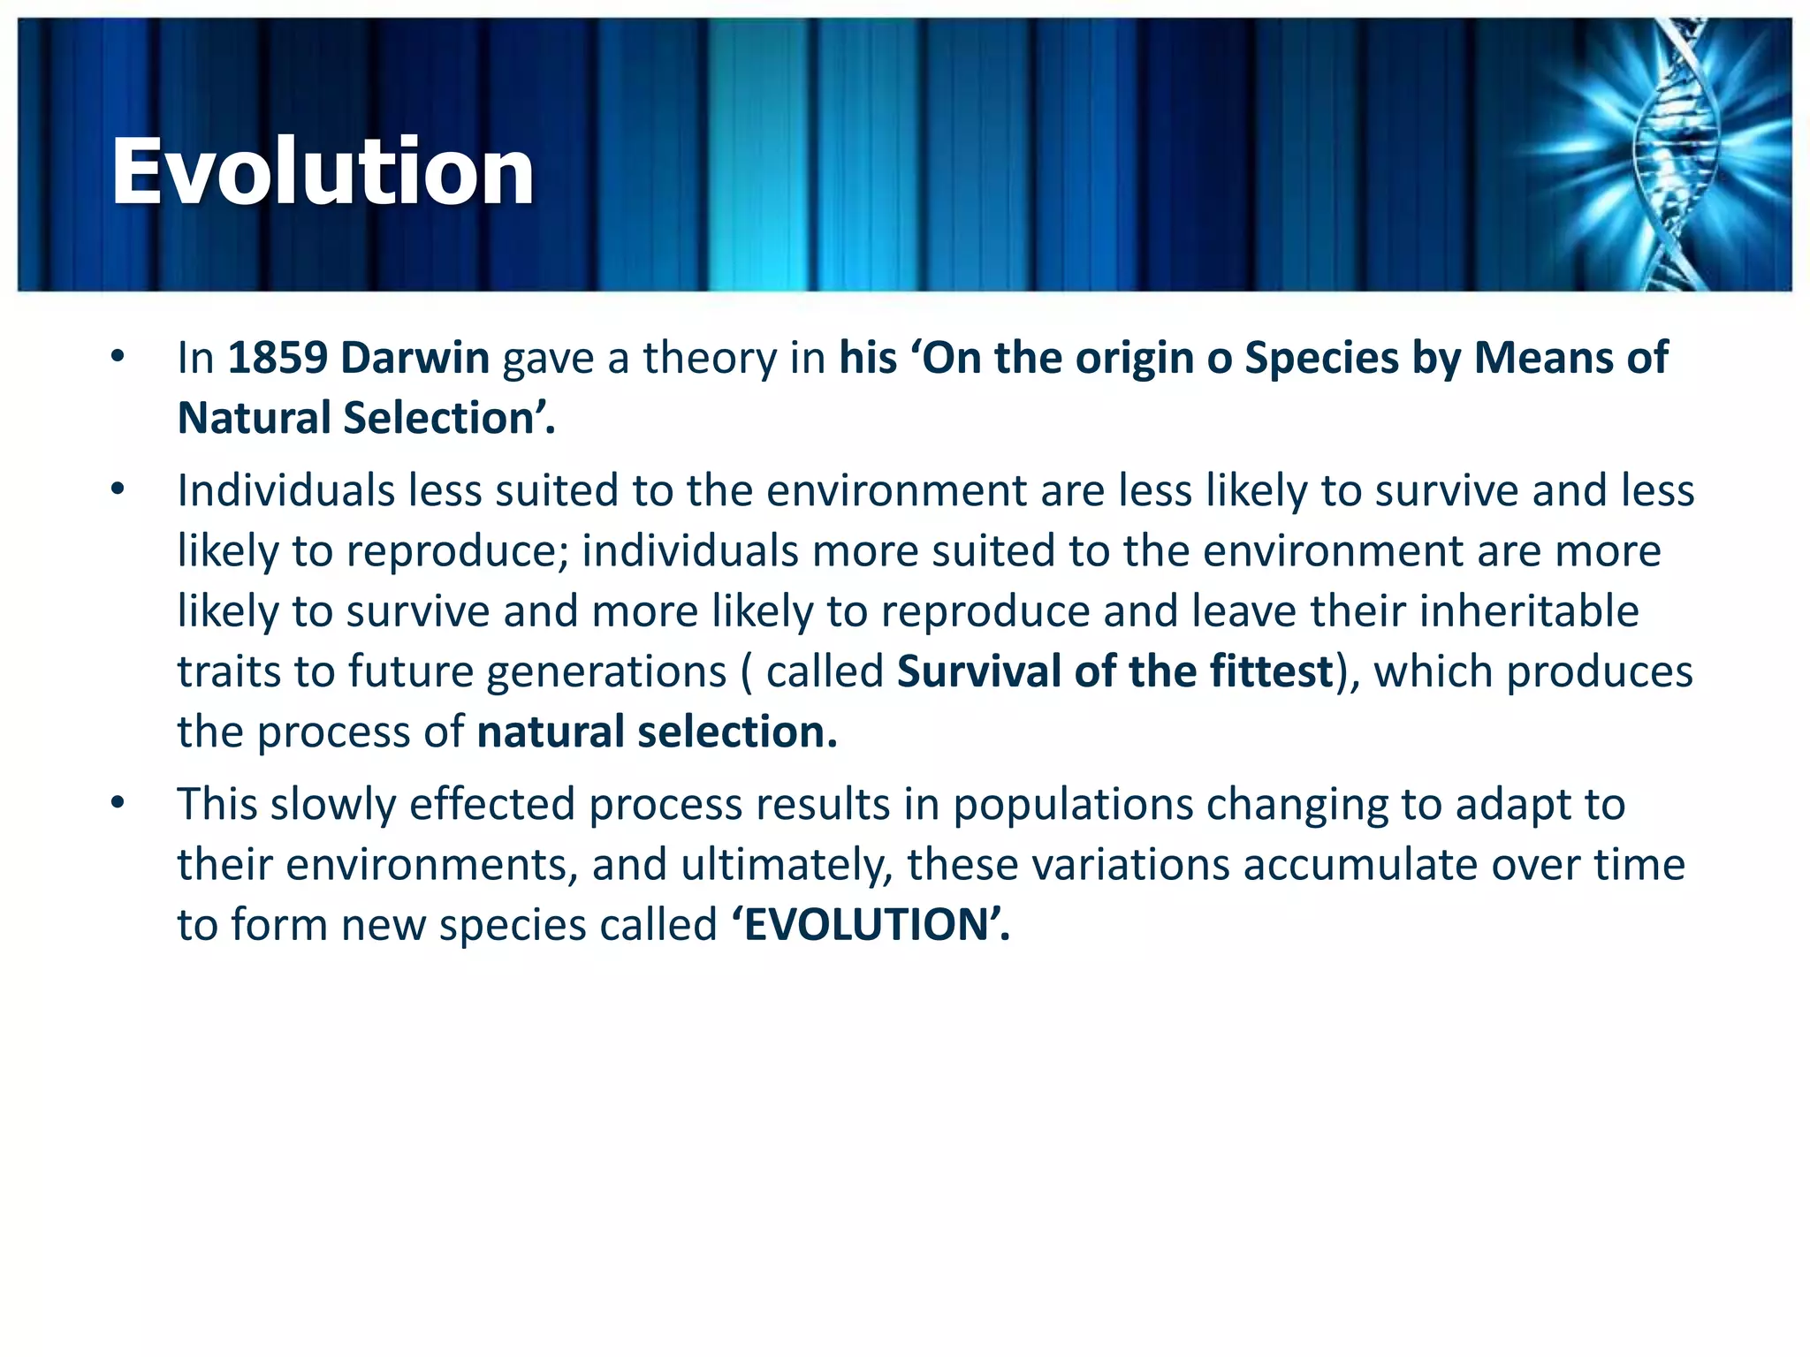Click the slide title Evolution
[x=323, y=171]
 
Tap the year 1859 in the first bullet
[x=278, y=358]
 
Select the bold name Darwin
[x=415, y=358]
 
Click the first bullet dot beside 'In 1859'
[x=118, y=357]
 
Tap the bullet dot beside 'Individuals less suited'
[x=118, y=489]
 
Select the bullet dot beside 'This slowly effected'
[x=118, y=803]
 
